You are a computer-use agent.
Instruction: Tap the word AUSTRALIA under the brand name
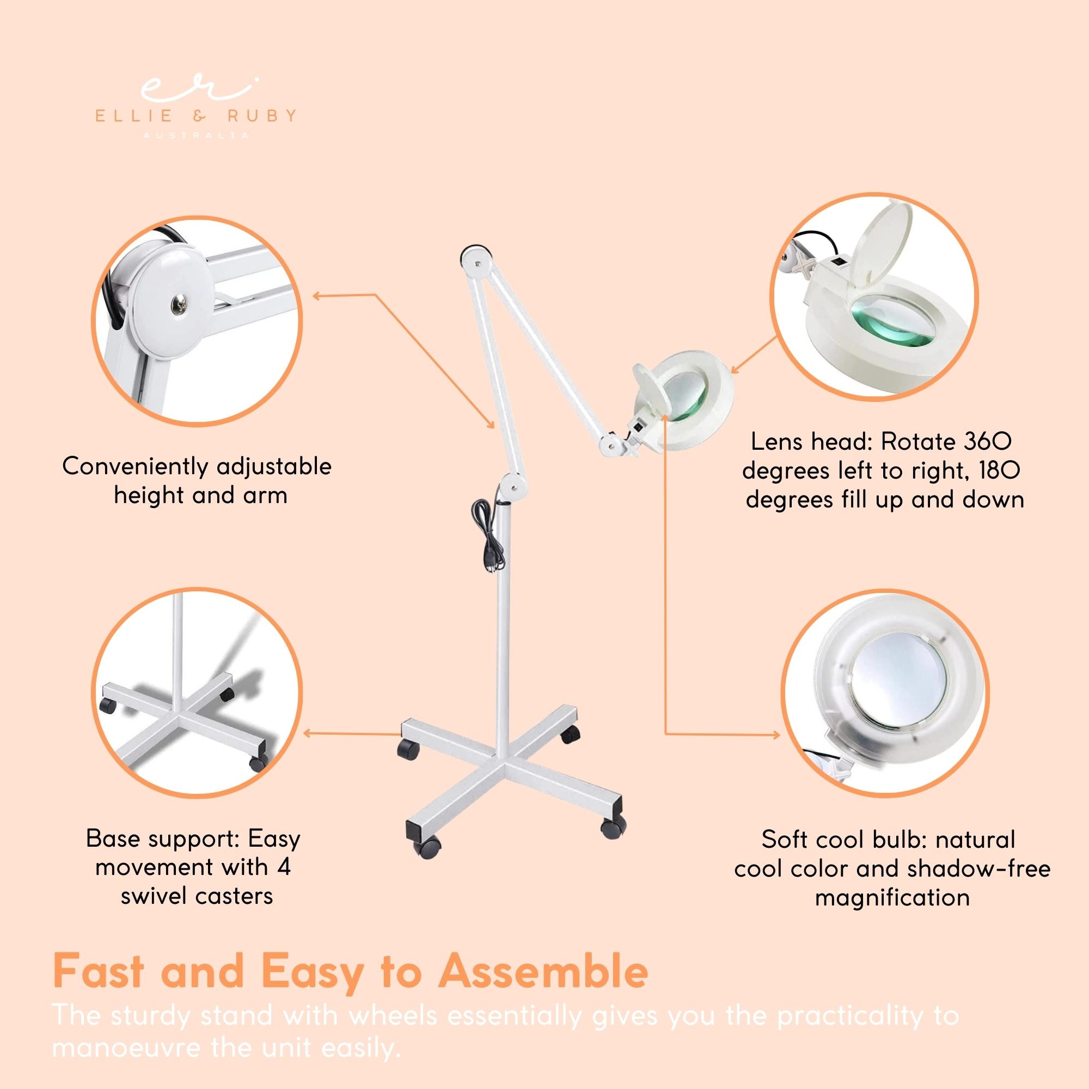195,136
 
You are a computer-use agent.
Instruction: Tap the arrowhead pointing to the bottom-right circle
778,735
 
